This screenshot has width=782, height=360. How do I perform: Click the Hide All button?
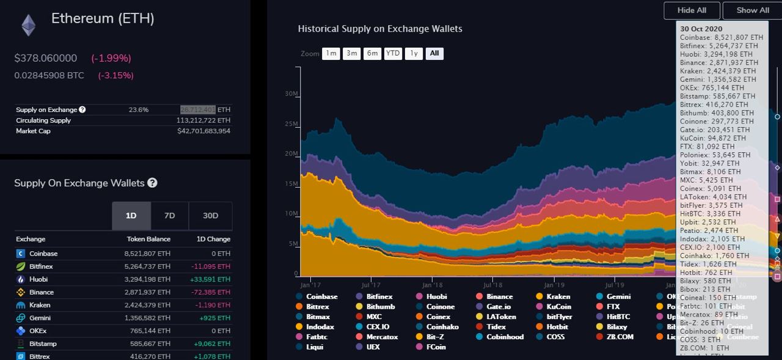click(692, 10)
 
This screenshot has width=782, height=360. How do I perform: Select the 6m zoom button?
click(372, 53)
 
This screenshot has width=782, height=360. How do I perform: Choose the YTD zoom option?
click(393, 53)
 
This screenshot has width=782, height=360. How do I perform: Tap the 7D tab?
click(169, 216)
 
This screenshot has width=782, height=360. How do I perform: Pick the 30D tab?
click(210, 216)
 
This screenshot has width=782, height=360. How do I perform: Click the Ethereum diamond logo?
click(28, 25)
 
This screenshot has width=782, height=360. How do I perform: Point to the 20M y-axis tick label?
click(291, 154)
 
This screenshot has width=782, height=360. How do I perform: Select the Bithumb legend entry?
click(380, 307)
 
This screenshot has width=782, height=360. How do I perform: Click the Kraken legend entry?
click(558, 296)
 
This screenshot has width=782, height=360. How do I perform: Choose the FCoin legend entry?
click(436, 347)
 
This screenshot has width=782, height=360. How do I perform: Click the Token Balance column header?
click(148, 239)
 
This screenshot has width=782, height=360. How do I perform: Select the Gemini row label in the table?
click(40, 318)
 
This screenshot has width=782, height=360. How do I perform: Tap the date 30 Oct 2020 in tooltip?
click(701, 29)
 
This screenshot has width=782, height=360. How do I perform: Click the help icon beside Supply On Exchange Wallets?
click(152, 183)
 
